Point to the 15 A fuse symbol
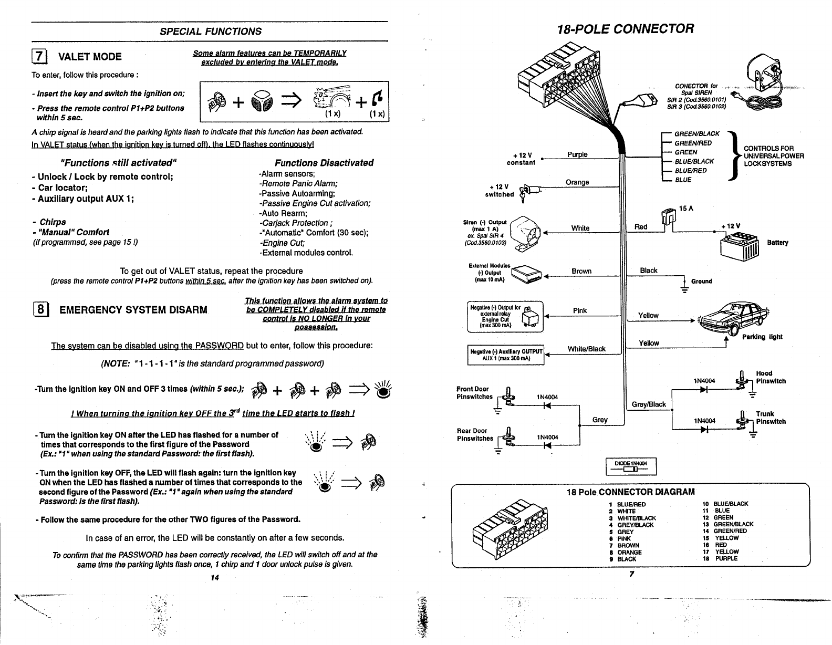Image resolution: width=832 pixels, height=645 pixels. point(668,216)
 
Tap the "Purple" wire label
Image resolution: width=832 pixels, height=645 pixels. point(577,154)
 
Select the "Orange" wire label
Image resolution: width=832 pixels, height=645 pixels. point(577,182)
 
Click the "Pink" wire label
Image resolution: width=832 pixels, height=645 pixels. point(580,310)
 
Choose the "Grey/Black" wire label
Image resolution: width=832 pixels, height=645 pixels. point(649,404)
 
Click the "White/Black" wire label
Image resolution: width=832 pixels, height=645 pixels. point(586,349)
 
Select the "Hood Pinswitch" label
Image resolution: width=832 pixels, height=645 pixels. point(771,377)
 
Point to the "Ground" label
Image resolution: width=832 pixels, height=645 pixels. point(701,281)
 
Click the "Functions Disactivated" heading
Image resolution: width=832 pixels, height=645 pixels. point(324,163)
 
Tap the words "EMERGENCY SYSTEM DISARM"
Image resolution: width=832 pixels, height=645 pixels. point(133,310)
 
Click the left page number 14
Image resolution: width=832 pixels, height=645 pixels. point(214,578)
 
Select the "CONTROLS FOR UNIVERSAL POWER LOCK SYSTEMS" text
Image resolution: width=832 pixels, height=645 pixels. point(774,156)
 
